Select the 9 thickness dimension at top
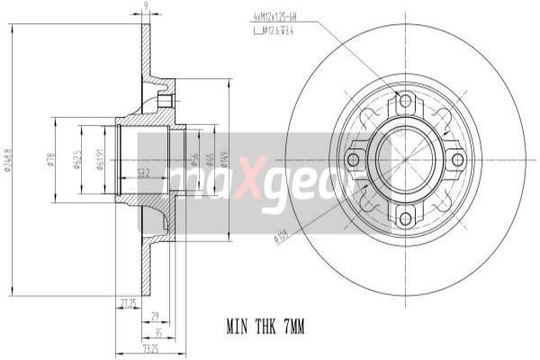point(146,7)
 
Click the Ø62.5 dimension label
point(78,159)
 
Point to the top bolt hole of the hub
point(405,101)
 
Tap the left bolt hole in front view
point(353,159)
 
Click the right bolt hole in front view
point(457,159)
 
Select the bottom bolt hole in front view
point(405,217)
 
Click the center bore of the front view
point(405,159)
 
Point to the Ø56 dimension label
point(193,159)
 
